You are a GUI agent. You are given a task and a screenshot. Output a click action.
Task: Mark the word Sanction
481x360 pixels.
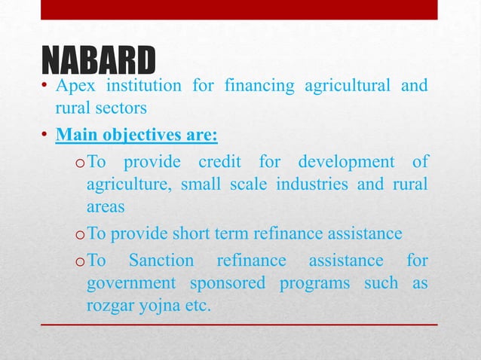pos(161,261)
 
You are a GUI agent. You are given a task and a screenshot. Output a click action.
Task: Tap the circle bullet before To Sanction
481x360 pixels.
pos(78,262)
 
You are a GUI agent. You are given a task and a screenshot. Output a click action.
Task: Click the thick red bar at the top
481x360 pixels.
pos(238,9)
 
